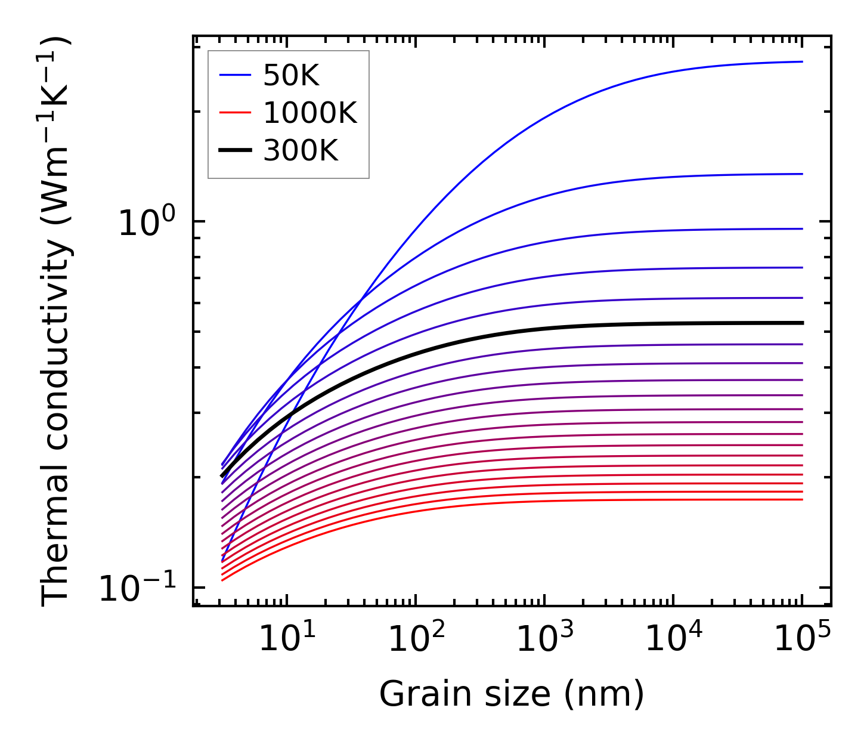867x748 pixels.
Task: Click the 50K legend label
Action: (292, 76)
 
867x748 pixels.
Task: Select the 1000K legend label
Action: (310, 113)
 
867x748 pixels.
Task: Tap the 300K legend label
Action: (301, 151)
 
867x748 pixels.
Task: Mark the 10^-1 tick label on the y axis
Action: (138, 589)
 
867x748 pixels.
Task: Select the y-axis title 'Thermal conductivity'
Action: (57, 322)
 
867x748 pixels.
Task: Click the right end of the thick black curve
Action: (803, 323)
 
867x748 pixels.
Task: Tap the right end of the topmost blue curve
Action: (803, 61)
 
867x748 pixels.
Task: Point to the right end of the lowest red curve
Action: (803, 499)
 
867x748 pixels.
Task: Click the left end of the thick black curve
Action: (222, 477)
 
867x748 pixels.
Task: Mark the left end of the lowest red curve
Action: (222, 580)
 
